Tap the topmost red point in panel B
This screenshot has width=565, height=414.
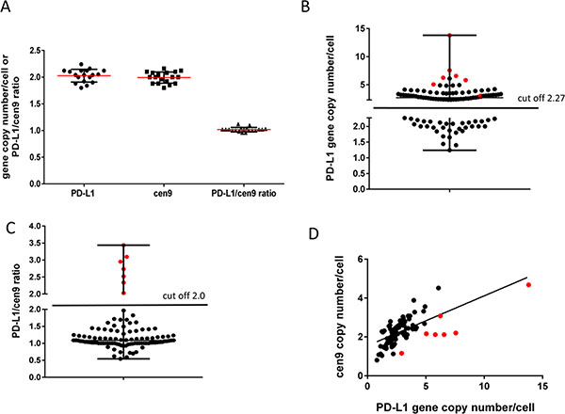pyautogui.click(x=450, y=36)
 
